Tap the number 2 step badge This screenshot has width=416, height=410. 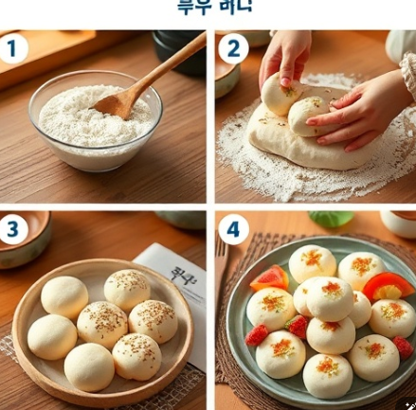231,47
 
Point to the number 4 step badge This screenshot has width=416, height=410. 234,230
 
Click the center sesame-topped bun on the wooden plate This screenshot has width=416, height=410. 102,324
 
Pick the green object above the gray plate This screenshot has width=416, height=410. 331,219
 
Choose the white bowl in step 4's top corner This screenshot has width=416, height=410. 399,222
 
